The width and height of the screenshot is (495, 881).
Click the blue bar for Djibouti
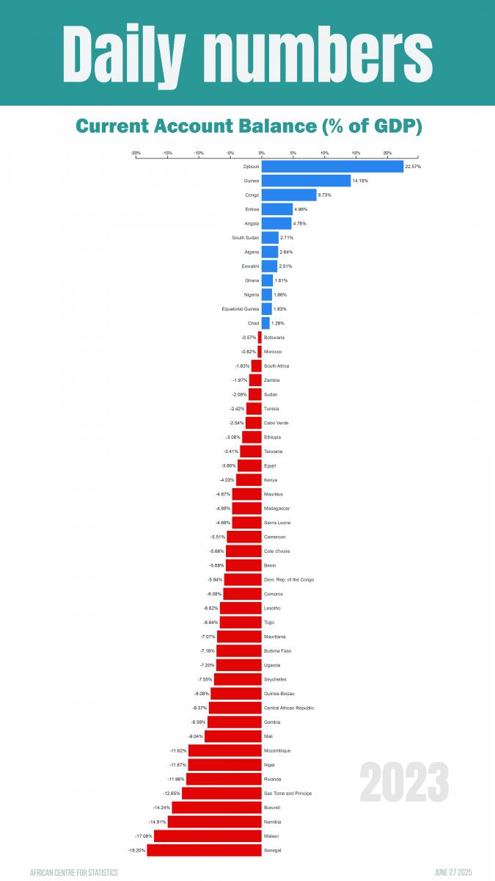(x=332, y=167)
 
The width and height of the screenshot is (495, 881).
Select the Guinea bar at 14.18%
(x=306, y=181)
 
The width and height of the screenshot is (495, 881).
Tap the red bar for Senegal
(x=204, y=850)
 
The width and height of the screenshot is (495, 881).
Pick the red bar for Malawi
(x=208, y=836)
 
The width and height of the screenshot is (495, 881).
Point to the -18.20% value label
(x=136, y=850)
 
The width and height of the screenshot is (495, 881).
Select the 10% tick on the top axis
(x=324, y=153)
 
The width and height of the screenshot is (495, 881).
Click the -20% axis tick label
(x=136, y=153)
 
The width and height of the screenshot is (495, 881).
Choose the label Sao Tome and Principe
(x=288, y=793)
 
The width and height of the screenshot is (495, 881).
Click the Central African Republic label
(x=289, y=708)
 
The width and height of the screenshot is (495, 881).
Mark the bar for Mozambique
(x=224, y=750)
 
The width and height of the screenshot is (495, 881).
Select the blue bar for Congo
(x=289, y=195)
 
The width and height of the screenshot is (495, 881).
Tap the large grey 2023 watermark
(x=404, y=783)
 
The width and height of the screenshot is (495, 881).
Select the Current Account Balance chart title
(x=249, y=126)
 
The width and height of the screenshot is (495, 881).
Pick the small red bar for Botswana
(x=260, y=337)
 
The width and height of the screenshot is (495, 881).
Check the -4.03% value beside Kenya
(x=227, y=480)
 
